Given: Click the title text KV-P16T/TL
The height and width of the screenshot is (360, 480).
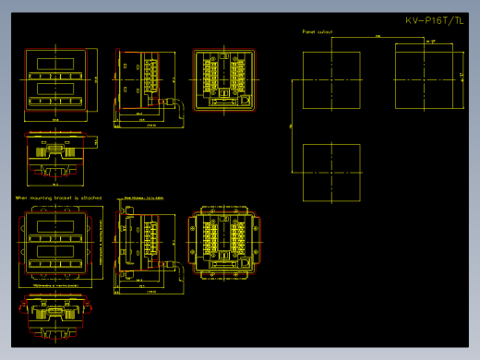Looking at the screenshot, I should [435, 20].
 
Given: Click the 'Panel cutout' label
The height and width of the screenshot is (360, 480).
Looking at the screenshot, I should [318, 31].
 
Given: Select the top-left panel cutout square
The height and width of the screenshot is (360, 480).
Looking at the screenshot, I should [331, 80].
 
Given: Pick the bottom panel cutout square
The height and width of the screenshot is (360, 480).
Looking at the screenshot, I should [331, 172].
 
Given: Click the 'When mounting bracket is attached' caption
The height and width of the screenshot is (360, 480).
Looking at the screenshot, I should [58, 198].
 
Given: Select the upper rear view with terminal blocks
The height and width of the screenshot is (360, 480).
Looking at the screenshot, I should [222, 79].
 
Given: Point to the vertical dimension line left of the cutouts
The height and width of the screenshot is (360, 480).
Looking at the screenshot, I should [292, 126].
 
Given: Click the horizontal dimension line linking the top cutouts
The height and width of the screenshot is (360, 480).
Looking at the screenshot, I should [378, 37].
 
